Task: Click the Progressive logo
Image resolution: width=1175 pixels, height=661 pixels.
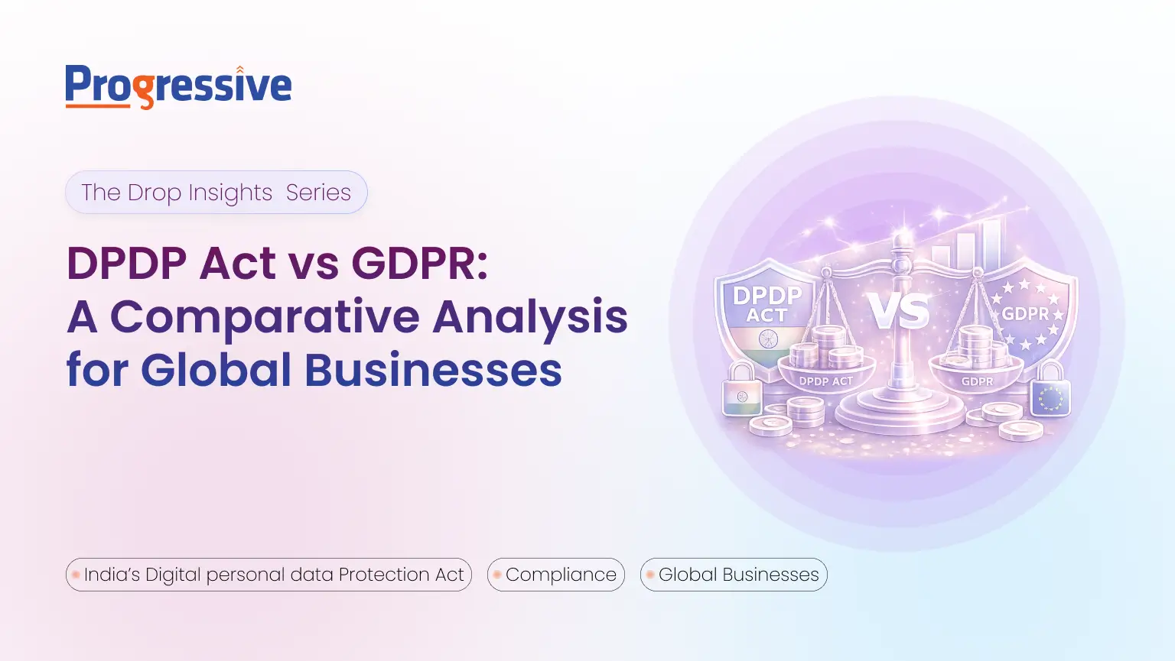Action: pyautogui.click(x=178, y=86)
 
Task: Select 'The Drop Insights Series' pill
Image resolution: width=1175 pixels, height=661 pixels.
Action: pyautogui.click(x=216, y=193)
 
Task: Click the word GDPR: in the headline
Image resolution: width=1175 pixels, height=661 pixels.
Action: pyautogui.click(x=419, y=263)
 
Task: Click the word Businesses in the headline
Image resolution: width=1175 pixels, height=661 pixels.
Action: pyautogui.click(x=433, y=370)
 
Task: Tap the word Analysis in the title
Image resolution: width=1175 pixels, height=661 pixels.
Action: pyautogui.click(x=529, y=316)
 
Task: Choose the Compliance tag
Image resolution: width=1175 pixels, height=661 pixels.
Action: pyautogui.click(x=556, y=575)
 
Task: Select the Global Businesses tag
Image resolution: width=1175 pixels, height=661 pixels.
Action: pyautogui.click(x=734, y=575)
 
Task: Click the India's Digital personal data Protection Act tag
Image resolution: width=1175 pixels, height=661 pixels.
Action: pyautogui.click(x=269, y=575)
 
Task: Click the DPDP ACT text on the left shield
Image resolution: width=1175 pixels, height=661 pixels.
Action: pyautogui.click(x=767, y=305)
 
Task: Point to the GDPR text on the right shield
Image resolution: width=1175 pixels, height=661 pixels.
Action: pyautogui.click(x=1025, y=314)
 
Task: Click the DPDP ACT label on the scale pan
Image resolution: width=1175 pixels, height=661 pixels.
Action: pyautogui.click(x=825, y=381)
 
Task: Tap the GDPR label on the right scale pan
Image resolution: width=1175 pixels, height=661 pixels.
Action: pyautogui.click(x=977, y=381)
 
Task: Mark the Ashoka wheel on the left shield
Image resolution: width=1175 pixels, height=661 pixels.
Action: pyautogui.click(x=768, y=339)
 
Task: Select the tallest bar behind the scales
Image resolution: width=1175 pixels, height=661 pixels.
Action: pyautogui.click(x=991, y=245)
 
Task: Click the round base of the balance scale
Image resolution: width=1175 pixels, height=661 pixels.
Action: pyautogui.click(x=900, y=416)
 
